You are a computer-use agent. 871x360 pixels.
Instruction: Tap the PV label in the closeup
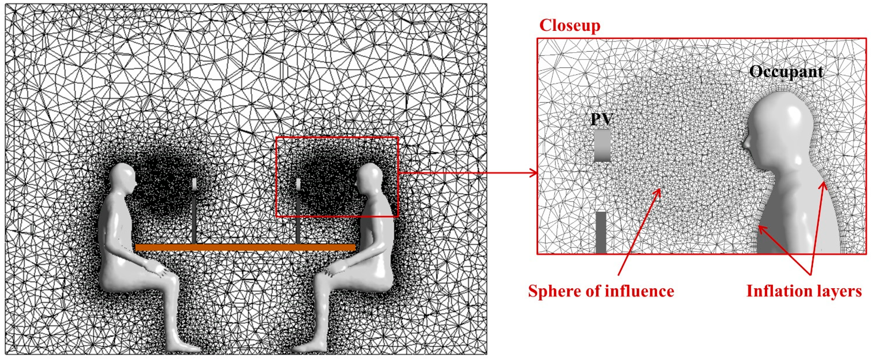coord(602,119)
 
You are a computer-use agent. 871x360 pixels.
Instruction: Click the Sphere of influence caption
coord(601,291)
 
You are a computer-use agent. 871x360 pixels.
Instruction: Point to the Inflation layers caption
coord(804,291)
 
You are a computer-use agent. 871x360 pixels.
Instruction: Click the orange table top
coord(245,247)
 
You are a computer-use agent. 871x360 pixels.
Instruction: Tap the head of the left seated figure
coord(124,176)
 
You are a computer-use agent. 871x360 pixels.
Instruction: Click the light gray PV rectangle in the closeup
coord(602,145)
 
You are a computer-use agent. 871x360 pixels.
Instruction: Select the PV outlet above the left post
coord(195,184)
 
